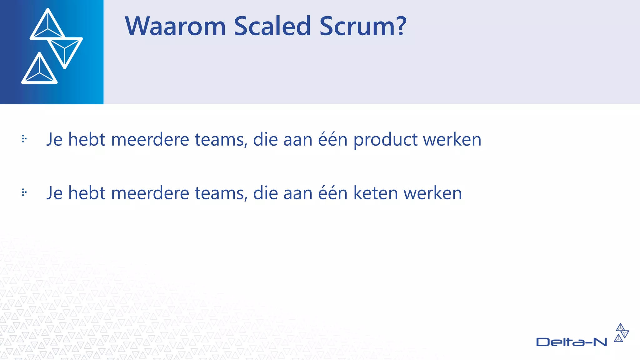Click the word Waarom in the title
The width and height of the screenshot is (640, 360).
(x=175, y=26)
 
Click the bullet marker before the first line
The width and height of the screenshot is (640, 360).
(x=24, y=139)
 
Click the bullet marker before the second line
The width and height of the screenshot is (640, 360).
(x=24, y=192)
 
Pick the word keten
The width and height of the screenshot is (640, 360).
(x=376, y=193)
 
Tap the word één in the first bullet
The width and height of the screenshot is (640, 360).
(x=332, y=139)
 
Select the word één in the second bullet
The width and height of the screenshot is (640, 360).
(x=332, y=193)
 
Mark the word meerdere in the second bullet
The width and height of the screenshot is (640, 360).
(x=150, y=193)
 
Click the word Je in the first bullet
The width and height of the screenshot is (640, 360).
(x=55, y=139)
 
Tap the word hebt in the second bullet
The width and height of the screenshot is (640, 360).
(x=87, y=193)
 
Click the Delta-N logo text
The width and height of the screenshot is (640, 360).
(x=571, y=342)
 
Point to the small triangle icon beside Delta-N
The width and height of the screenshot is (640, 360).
(x=621, y=333)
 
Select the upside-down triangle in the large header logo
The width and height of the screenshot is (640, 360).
(x=65, y=50)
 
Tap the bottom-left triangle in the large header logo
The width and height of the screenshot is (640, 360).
(x=39, y=71)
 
